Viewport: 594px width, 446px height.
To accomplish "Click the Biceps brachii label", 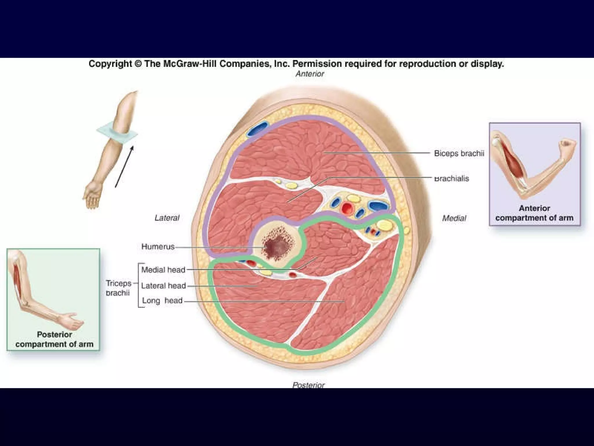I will click(x=459, y=153).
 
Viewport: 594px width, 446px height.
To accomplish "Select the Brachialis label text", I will click(x=451, y=179).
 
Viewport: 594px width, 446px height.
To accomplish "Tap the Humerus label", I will click(x=158, y=247).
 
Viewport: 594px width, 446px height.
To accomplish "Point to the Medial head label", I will click(x=163, y=270).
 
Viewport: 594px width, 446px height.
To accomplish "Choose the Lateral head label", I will click(x=163, y=286).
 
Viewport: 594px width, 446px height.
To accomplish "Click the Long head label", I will click(x=162, y=301).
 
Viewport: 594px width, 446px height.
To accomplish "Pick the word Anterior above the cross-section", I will click(x=310, y=74).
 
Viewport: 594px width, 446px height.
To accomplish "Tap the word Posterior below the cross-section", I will click(x=309, y=385).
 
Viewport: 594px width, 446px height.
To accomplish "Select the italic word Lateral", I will click(x=167, y=218).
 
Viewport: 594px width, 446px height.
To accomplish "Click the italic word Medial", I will click(x=454, y=218).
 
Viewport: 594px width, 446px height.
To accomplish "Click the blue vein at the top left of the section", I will click(x=257, y=129).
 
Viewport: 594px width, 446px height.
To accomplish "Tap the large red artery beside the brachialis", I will click(x=347, y=208).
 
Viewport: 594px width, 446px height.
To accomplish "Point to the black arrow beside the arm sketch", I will click(x=124, y=167).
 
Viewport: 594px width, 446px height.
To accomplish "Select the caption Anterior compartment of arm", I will click(x=534, y=213).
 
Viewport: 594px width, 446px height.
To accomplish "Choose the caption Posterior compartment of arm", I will click(x=55, y=339).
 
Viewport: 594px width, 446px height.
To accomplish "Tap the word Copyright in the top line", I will click(x=110, y=64).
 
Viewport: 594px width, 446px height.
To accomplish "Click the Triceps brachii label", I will click(x=118, y=288).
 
